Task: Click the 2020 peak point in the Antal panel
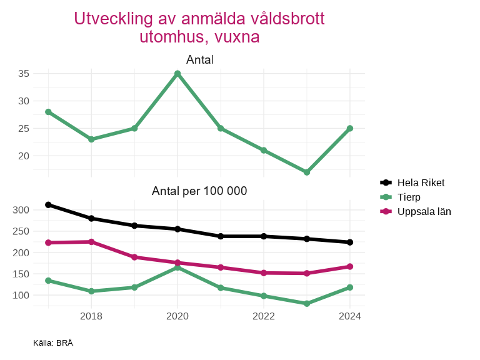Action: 177,74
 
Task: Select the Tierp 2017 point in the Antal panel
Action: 48,112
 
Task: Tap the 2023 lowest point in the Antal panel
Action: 307,172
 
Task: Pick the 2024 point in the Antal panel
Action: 350,128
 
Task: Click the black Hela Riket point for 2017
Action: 48,204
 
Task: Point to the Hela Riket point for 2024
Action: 350,242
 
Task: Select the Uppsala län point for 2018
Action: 91,242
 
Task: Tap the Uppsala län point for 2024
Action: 350,266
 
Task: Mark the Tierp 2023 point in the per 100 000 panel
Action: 307,304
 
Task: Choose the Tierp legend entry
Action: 409,197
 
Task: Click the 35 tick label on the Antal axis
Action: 24,74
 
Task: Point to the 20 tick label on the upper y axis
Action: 24,156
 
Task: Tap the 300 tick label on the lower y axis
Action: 21,209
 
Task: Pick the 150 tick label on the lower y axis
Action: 21,274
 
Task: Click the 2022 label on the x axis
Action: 264,316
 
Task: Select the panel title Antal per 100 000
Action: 199,191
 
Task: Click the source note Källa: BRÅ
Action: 53,343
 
